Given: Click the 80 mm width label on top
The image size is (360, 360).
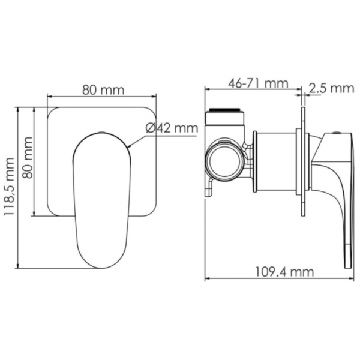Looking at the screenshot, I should click(x=103, y=90).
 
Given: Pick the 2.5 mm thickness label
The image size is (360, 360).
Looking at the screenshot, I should click(x=331, y=89).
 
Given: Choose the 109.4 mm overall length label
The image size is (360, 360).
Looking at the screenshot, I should click(x=279, y=271).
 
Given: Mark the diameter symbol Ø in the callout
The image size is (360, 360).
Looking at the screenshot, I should click(x=149, y=127).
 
